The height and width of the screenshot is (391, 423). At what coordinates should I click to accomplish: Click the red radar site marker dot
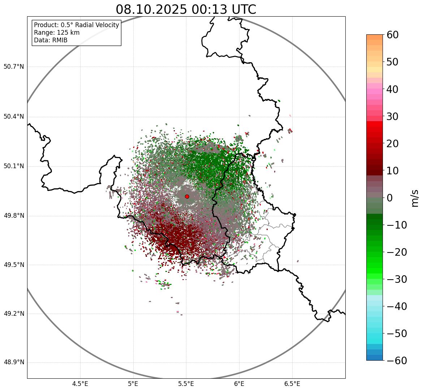tap(187, 196)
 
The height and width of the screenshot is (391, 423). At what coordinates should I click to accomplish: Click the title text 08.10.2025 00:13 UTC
tap(186, 9)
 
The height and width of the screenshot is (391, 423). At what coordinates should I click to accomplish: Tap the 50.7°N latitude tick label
tap(14, 67)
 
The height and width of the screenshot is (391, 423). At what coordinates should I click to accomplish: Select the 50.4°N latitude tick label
tap(14, 117)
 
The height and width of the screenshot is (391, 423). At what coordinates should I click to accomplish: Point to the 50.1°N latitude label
tap(14, 166)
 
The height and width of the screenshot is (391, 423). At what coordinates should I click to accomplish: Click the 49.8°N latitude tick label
tap(14, 216)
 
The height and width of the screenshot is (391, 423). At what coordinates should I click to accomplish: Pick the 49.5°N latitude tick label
tap(14, 265)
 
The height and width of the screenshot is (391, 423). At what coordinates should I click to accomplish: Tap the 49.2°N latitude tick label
tap(14, 314)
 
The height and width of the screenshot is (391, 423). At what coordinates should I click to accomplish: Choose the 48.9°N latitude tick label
tap(14, 362)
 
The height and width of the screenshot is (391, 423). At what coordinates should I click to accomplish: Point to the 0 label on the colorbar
tap(390, 198)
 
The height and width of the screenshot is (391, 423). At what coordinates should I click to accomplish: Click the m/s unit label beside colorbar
tap(415, 198)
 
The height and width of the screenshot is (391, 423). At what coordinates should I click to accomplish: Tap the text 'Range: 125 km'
tap(57, 33)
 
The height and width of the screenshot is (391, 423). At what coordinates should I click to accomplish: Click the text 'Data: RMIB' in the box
tap(51, 40)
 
